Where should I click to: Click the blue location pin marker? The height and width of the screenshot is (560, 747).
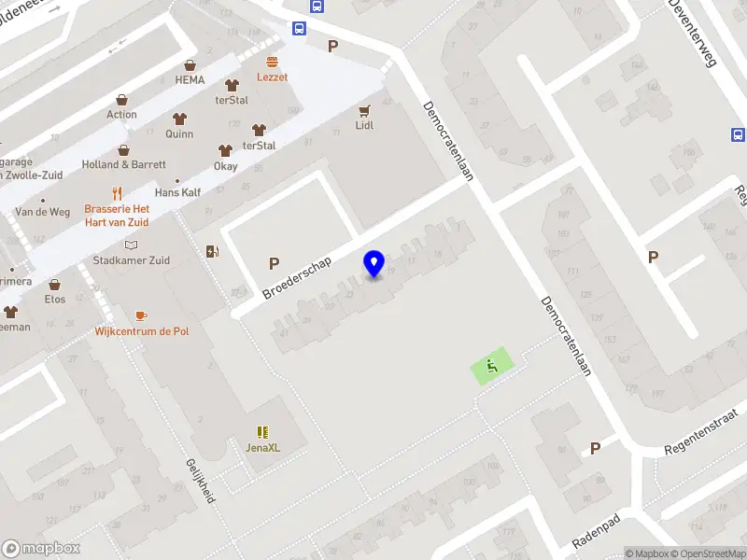(374, 264)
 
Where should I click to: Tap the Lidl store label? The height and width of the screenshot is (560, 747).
(364, 124)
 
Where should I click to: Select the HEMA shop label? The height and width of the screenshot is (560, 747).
(190, 80)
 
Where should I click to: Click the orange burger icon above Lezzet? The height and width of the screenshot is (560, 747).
(273, 61)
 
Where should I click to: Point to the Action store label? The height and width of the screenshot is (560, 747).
(121, 115)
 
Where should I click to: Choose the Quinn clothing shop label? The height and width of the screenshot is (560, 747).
(179, 133)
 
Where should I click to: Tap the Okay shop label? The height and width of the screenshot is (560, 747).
(225, 166)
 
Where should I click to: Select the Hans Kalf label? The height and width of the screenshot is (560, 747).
(177, 192)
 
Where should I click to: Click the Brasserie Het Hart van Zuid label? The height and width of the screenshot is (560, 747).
(117, 216)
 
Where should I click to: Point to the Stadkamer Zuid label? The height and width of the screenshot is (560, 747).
(132, 260)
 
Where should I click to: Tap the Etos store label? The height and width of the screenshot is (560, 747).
(55, 300)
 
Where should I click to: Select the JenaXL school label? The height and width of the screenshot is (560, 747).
(263, 447)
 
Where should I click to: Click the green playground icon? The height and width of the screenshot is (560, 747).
(492, 366)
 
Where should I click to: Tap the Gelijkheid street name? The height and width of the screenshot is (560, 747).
(201, 481)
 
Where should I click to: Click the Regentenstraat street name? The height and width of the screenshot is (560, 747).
(699, 432)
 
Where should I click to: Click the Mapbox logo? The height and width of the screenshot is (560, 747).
(41, 549)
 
